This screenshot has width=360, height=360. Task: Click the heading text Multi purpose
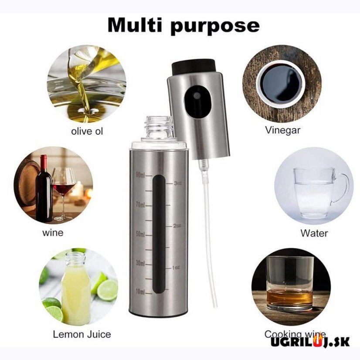(183, 25)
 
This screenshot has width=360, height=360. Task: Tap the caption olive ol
(87, 131)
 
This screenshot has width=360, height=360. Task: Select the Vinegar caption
(282, 130)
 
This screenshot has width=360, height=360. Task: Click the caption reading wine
(53, 232)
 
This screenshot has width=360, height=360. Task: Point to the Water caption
(314, 233)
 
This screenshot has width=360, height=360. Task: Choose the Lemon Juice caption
(82, 334)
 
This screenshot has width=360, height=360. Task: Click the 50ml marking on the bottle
(140, 234)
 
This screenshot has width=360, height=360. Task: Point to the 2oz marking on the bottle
(177, 226)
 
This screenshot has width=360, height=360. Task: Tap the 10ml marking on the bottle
(140, 291)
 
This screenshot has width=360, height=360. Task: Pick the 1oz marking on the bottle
(176, 267)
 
